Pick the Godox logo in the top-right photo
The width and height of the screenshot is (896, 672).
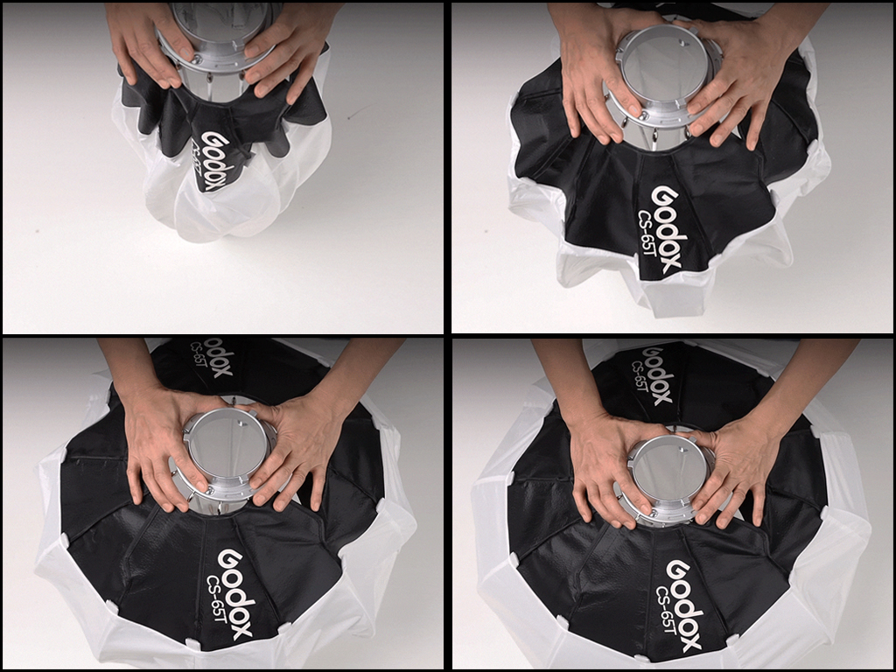point(666,228)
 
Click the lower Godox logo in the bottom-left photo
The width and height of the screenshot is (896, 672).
point(234,594)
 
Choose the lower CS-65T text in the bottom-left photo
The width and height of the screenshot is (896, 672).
point(217,601)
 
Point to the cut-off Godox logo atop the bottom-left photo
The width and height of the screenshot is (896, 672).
point(217,356)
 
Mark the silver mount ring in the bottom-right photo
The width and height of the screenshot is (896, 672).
point(668,480)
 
